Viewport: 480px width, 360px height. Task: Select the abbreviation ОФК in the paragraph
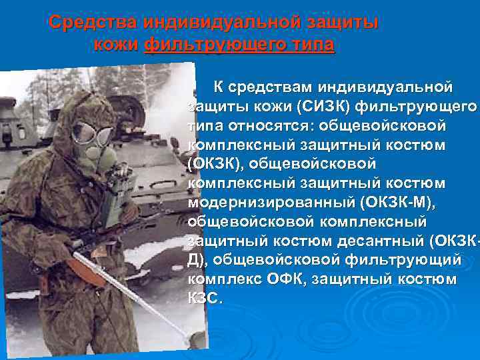[x=293, y=279]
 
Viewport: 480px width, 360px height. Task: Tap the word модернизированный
[x=281, y=202]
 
